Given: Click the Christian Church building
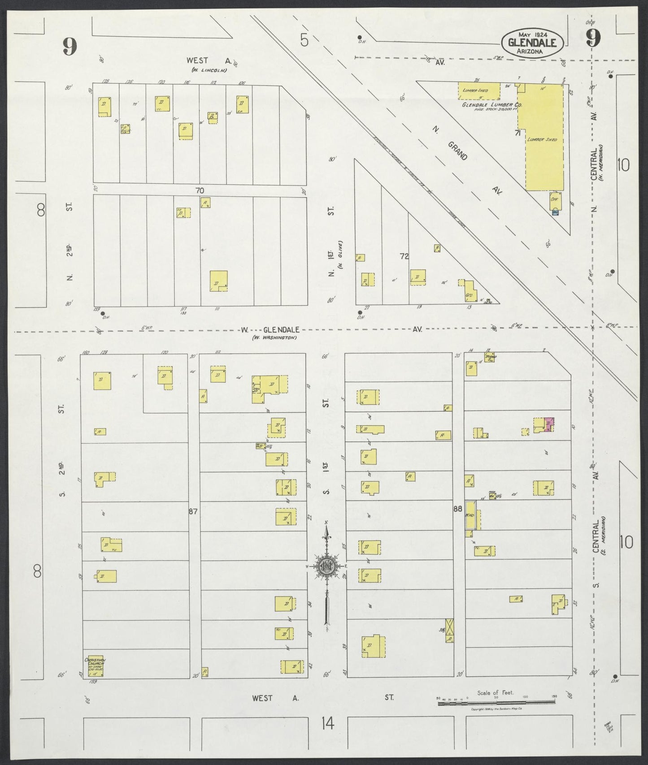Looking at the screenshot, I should point(96,666).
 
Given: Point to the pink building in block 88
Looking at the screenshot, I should point(549,424).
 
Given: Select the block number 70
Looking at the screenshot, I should point(200,190).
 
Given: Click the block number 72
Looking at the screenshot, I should point(404,256).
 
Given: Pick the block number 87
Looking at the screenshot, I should point(193,511).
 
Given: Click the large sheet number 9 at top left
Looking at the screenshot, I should point(70,46).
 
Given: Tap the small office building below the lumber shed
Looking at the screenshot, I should point(555,201).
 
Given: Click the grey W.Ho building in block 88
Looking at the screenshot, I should point(470,517).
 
